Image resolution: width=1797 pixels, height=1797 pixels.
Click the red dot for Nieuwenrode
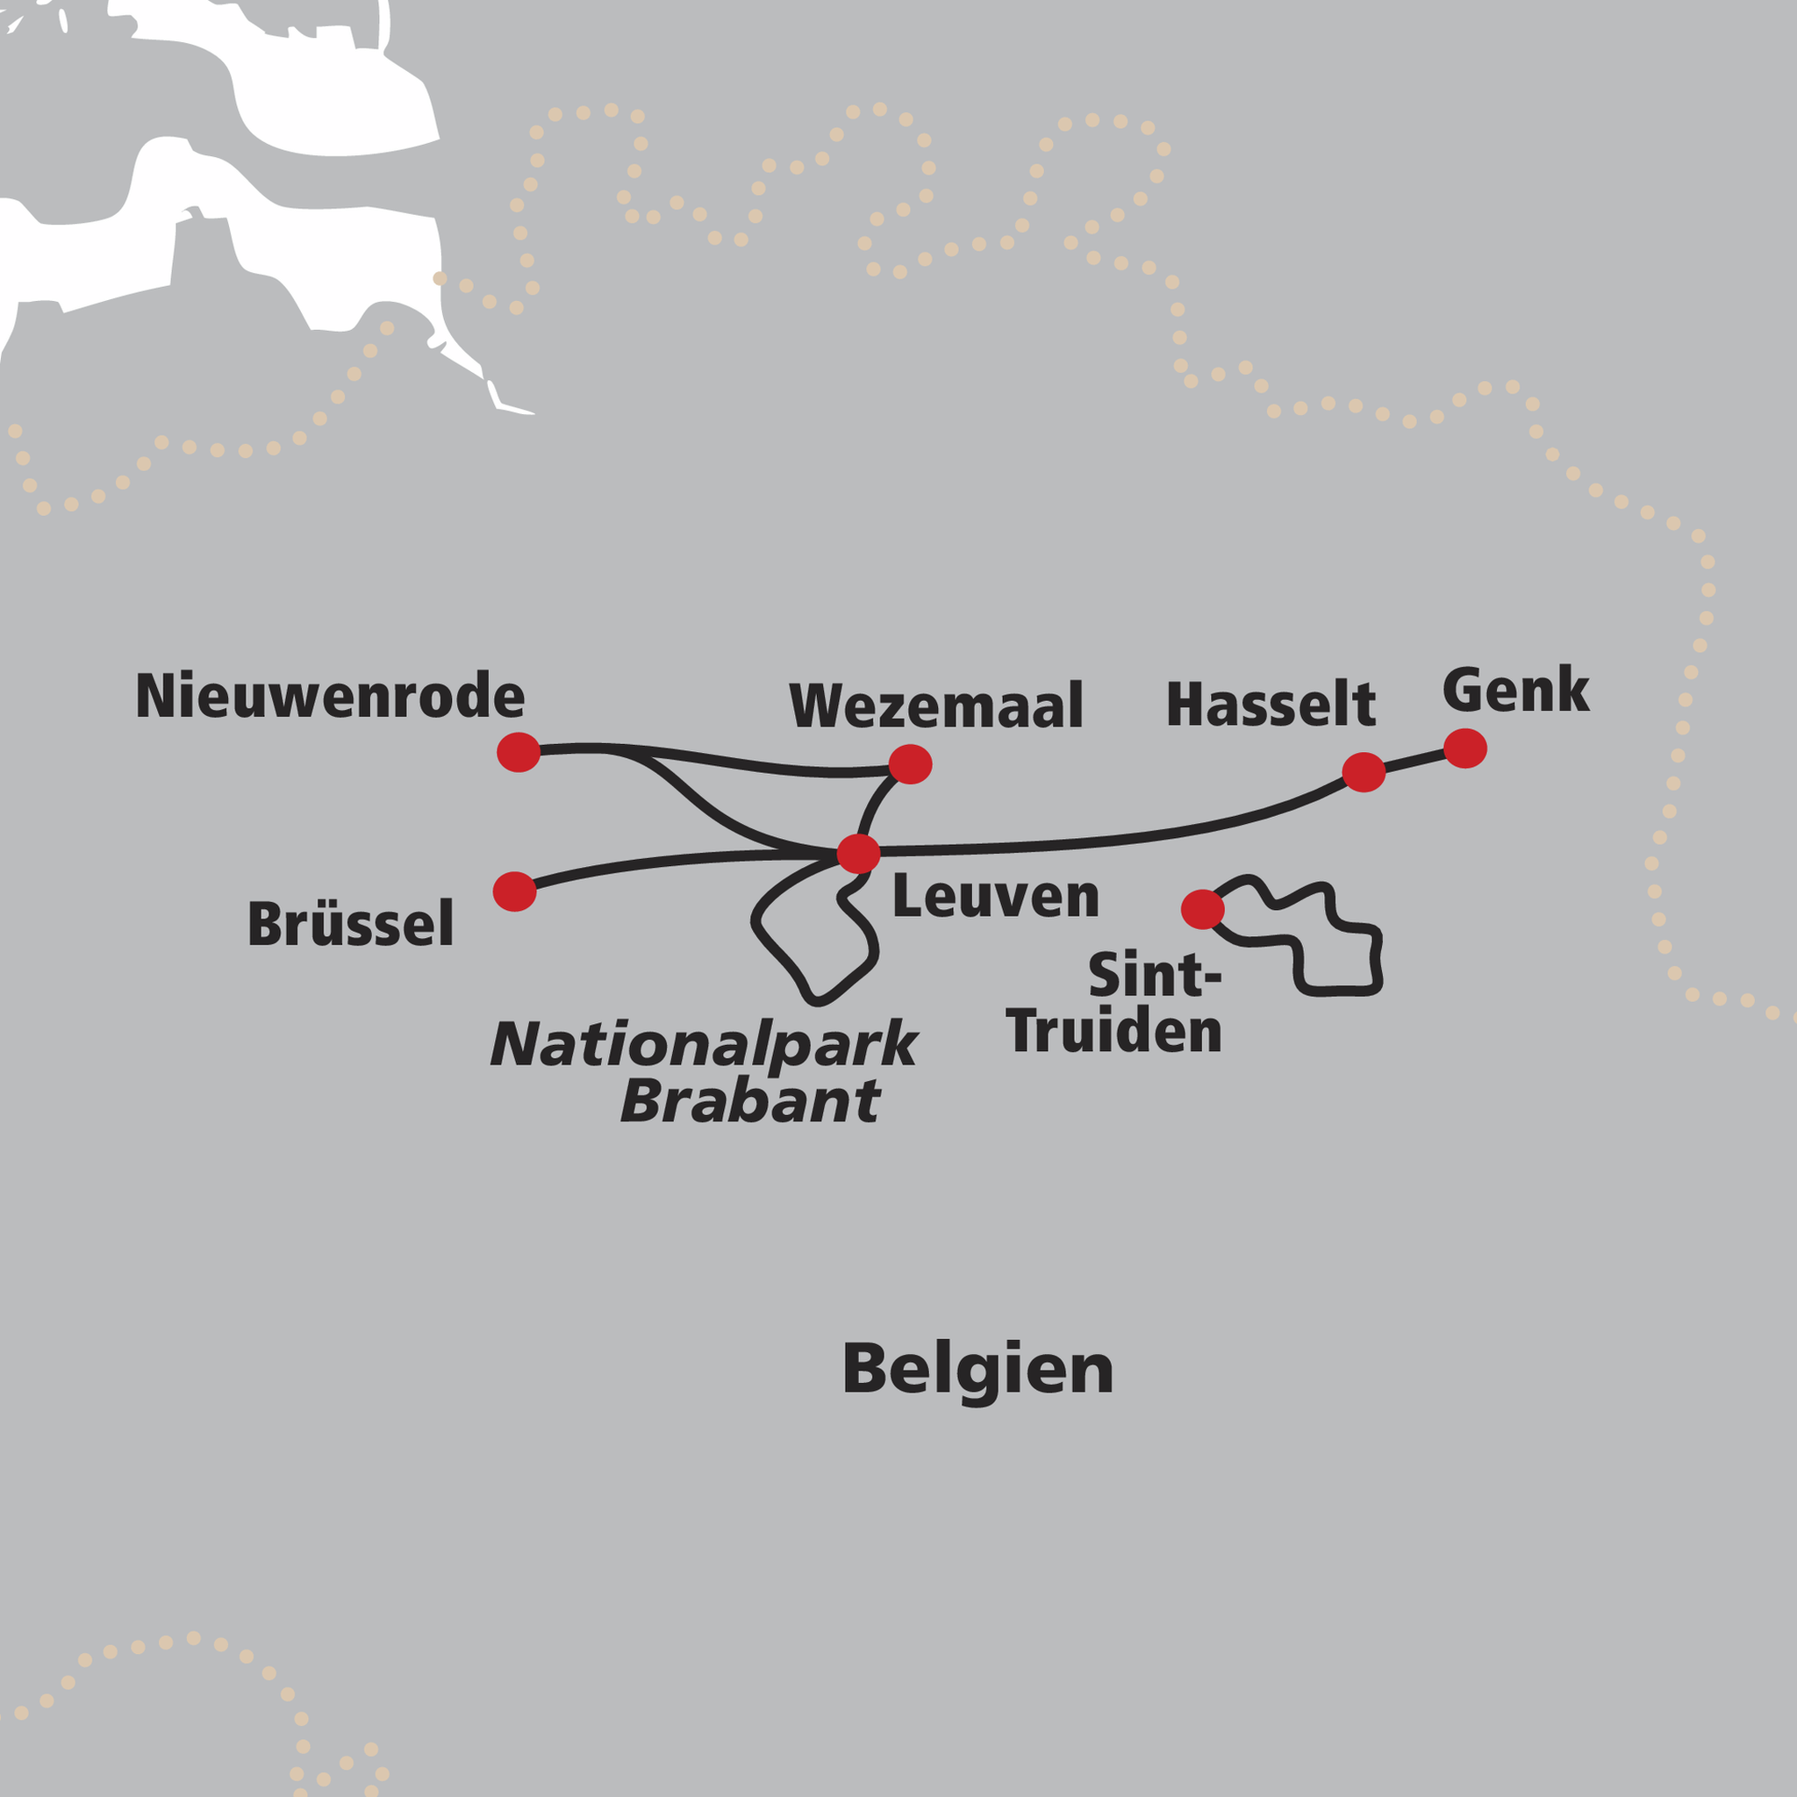518,752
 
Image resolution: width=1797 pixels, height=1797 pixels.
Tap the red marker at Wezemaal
910,763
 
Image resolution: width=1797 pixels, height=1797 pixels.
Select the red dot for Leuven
858,853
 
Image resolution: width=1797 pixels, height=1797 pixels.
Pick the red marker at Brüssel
514,891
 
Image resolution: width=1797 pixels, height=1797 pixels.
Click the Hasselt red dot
1364,772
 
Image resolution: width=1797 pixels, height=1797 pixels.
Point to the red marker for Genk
1465,748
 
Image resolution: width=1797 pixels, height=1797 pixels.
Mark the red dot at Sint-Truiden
1202,909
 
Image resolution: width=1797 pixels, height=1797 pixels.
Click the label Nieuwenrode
330,696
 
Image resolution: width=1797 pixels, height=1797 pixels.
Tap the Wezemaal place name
935,706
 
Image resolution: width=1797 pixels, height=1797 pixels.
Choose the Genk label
1515,691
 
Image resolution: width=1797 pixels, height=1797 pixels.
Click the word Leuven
995,897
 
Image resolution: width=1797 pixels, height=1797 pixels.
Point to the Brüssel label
351,924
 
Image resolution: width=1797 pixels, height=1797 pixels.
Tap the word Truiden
1113,1032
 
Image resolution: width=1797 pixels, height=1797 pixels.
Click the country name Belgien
977,1370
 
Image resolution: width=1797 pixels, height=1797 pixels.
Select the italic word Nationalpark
704,1045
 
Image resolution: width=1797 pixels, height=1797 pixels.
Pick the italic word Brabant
749,1101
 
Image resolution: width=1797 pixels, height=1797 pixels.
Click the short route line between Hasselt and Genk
1414,760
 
